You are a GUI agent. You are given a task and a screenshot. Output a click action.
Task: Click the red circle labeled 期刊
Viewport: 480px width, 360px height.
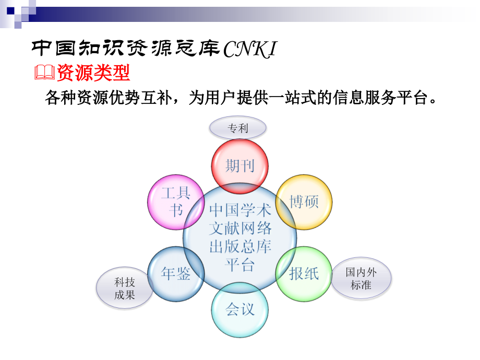(239, 166)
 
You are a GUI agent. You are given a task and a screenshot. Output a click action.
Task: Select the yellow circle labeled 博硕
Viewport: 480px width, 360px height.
(304, 201)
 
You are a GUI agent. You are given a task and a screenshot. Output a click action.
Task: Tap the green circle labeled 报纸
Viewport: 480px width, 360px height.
(304, 273)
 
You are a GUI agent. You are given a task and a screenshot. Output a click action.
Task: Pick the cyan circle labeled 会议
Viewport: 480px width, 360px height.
(239, 309)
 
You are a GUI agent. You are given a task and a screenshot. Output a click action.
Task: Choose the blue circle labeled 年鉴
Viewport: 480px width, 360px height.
(175, 273)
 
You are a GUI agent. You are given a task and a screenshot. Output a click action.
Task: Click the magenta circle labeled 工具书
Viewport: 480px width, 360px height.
(175, 201)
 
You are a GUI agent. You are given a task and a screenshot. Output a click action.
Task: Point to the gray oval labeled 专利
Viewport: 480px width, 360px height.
(237, 128)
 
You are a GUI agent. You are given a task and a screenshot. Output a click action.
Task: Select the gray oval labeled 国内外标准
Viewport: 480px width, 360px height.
(361, 278)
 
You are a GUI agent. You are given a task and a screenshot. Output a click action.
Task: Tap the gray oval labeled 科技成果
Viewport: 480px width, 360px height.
(125, 289)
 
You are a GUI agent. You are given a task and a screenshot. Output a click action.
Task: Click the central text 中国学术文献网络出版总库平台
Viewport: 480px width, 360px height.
(240, 237)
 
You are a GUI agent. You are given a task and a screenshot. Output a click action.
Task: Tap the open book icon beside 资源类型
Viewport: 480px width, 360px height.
(45, 73)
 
